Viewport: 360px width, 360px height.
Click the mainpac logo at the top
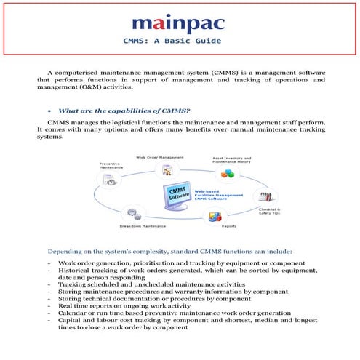(180, 18)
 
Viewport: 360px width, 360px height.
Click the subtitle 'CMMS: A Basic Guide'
(180, 40)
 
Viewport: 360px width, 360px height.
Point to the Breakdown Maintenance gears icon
(133, 214)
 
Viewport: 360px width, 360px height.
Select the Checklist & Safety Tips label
(270, 212)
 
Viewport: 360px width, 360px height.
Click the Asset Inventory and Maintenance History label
(231, 159)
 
